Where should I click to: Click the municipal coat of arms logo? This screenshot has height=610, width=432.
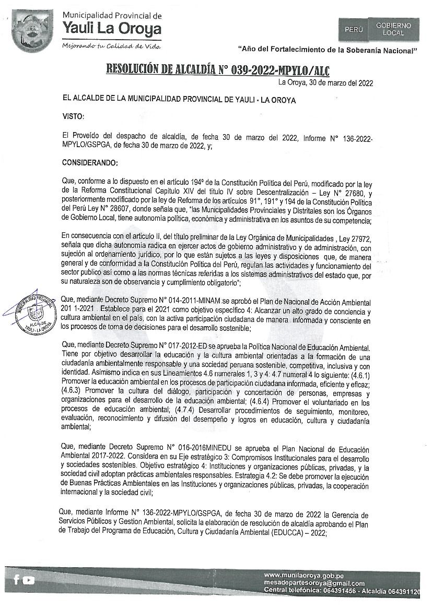pyautogui.click(x=32, y=31)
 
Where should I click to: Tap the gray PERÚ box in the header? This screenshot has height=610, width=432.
pyautogui.click(x=354, y=30)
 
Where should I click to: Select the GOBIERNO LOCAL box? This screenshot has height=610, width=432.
pyautogui.click(x=393, y=29)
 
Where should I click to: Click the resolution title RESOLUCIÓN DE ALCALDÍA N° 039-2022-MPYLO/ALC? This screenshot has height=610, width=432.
pyautogui.click(x=218, y=69)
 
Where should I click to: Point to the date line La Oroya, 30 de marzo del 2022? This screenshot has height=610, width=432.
pyautogui.click(x=325, y=82)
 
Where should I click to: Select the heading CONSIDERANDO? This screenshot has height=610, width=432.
pyautogui.click(x=90, y=163)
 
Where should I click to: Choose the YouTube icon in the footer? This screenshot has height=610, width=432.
pyautogui.click(x=29, y=580)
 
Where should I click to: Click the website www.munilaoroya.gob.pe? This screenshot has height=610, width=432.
pyautogui.click(x=307, y=575)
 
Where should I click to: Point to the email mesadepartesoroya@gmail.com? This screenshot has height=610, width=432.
pyautogui.click(x=314, y=583)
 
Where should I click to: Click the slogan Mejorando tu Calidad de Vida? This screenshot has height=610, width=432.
pyautogui.click(x=111, y=45)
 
